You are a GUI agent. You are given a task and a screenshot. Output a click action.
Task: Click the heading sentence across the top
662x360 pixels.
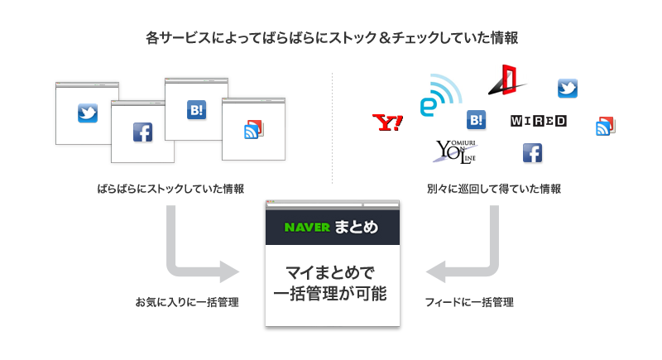[x=331, y=38]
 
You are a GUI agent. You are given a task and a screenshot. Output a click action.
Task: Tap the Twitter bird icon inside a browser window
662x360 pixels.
[x=88, y=113]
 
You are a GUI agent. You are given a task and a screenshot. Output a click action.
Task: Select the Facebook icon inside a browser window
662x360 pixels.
[x=143, y=132]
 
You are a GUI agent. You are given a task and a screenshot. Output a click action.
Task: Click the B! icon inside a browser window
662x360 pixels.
[x=196, y=109]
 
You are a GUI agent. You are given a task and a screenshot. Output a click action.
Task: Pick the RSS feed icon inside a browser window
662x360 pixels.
[x=253, y=129]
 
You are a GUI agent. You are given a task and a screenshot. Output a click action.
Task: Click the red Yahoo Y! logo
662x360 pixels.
[x=387, y=123]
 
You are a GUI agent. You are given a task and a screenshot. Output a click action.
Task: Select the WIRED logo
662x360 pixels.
[x=539, y=121]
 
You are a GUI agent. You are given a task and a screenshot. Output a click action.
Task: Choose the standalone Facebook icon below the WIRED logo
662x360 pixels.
[x=532, y=153]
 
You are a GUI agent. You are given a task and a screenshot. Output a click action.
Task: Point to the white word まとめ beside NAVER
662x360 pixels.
[x=357, y=227]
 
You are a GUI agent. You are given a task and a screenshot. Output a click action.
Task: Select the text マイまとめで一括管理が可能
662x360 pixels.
[x=331, y=282]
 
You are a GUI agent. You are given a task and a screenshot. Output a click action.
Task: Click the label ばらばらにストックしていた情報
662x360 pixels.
[x=170, y=189]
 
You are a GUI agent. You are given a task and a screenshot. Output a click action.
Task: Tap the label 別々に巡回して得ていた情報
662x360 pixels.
[x=494, y=189]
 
